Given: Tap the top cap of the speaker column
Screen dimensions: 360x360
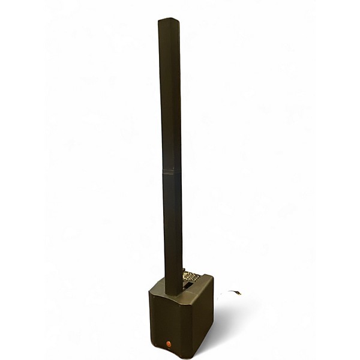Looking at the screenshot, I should tap(169, 21).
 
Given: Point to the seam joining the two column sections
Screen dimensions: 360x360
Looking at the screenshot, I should tap(172, 171).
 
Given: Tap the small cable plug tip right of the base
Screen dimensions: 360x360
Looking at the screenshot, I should tap(238, 293).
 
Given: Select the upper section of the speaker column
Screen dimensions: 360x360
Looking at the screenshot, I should tap(170, 96).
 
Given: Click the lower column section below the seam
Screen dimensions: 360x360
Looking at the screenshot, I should tap(173, 228).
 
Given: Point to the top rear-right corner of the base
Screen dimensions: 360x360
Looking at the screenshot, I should tap(212, 277).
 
